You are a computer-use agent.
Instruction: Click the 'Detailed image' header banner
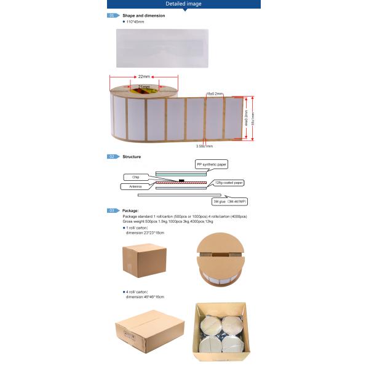tap(184, 4)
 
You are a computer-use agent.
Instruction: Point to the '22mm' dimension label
tap(144, 77)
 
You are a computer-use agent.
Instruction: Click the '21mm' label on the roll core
tap(143, 87)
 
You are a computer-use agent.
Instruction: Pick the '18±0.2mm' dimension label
tap(215, 93)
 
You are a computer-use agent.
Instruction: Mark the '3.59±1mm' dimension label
tap(204, 146)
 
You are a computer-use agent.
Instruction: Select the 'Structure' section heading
tap(132, 157)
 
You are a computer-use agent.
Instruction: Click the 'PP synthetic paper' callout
tap(211, 165)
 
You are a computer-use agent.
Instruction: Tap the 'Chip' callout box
tap(136, 177)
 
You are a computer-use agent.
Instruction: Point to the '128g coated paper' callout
tap(229, 182)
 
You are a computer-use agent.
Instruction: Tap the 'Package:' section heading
tap(130, 211)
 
